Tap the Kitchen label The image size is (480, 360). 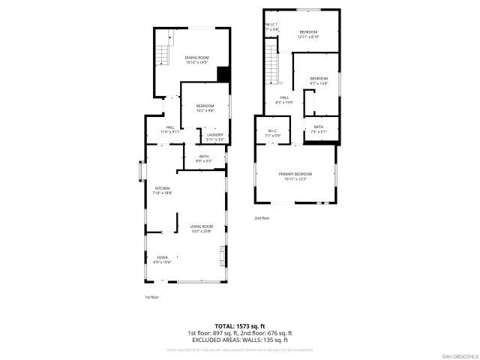[x=163, y=190]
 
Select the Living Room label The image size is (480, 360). [x=201, y=228]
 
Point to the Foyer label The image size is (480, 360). [x=162, y=260]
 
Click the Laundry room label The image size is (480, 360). [x=215, y=136]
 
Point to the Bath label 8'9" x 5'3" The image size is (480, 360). [x=204, y=158]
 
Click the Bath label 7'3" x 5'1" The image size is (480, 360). [x=319, y=129]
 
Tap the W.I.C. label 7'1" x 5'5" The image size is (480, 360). [x=272, y=133]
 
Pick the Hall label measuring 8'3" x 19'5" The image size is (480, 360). [x=285, y=100]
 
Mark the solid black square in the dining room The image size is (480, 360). [x=223, y=73]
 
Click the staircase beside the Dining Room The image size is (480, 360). [x=164, y=55]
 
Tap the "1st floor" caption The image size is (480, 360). [x=151, y=297]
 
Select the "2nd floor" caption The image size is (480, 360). [x=262, y=218]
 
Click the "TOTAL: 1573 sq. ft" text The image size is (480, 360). [x=239, y=326]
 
